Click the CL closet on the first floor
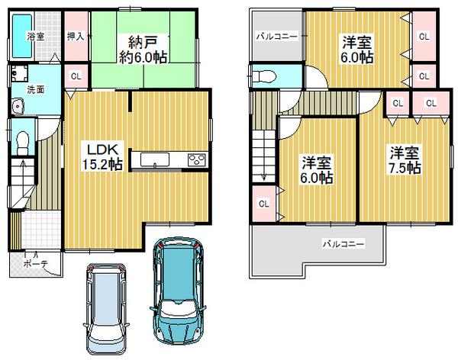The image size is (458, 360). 76,76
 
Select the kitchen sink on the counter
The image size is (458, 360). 156,160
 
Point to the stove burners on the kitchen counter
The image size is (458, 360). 195,160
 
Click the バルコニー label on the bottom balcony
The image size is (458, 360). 342,244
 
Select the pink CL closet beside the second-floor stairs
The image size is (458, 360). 263,204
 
